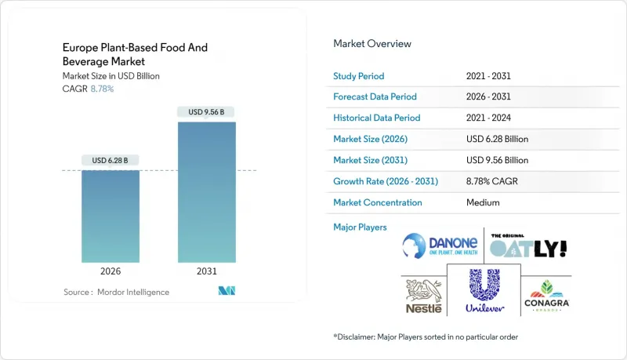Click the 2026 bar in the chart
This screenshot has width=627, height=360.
111,216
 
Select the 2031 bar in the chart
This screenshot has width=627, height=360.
206,192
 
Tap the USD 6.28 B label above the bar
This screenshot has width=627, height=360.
111,161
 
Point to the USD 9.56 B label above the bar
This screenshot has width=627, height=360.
206,112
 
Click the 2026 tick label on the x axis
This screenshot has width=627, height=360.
111,272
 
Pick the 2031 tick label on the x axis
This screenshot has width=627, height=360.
206,272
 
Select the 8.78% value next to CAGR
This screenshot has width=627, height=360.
103,89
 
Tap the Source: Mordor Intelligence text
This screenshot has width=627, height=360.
116,292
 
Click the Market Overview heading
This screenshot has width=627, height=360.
372,44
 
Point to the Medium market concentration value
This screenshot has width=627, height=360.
482,202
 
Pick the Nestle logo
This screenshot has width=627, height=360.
423,295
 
